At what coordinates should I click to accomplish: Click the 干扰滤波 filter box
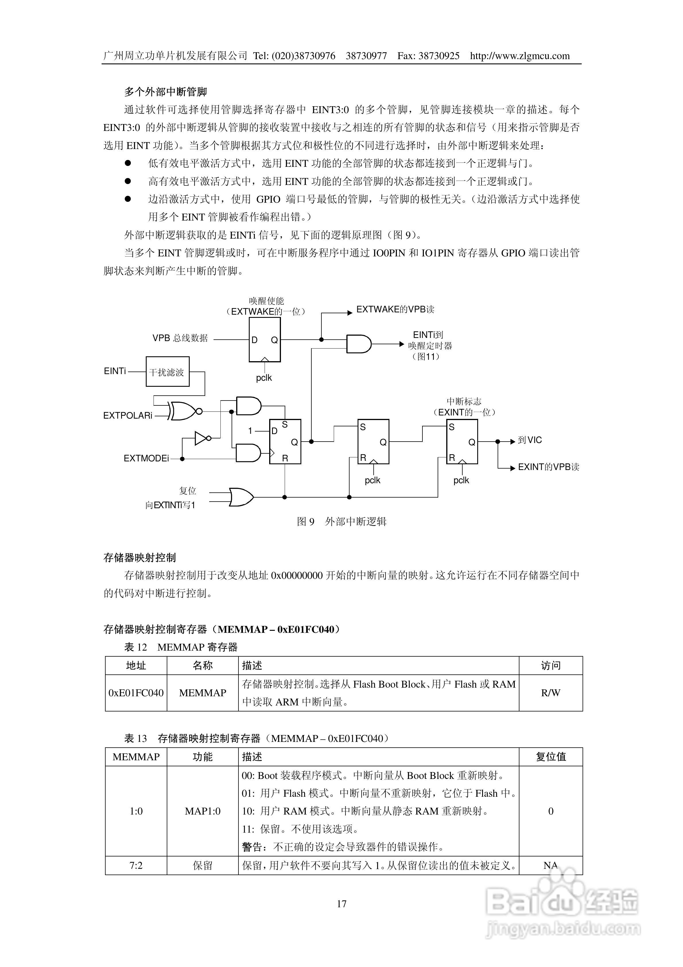click(167, 372)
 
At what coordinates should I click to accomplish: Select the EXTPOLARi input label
click(128, 416)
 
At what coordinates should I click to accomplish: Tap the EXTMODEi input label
click(146, 458)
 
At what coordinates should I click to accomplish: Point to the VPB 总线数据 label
click(180, 338)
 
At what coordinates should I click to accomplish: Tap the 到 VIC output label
click(530, 440)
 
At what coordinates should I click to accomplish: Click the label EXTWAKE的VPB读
click(395, 310)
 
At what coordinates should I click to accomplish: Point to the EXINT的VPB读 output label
click(548, 467)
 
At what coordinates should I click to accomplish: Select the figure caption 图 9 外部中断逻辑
click(341, 521)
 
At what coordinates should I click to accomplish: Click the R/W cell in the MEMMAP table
click(550, 693)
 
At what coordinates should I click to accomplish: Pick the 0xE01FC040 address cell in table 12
click(136, 693)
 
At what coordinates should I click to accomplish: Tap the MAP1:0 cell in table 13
click(203, 811)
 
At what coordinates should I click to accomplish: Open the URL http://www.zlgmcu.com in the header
click(520, 56)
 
